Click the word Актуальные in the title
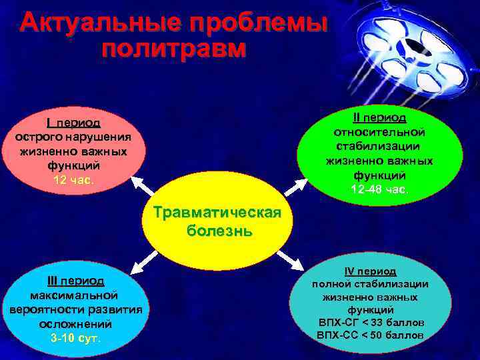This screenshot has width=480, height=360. pyautogui.click(x=99, y=24)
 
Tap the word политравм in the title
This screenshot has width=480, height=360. pyautogui.click(x=175, y=50)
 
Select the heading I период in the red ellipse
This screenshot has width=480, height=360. pyautogui.click(x=73, y=123)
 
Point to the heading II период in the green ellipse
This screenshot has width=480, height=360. pyautogui.click(x=379, y=117)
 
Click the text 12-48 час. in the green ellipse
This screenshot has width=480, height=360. pyautogui.click(x=379, y=190)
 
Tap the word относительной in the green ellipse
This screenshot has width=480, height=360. pyautogui.click(x=379, y=131)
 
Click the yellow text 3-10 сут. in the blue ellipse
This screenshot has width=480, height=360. pyautogui.click(x=75, y=338)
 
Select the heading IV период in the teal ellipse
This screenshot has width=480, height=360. pyautogui.click(x=370, y=271)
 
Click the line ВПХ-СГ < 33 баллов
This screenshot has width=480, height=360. pyautogui.click(x=370, y=322)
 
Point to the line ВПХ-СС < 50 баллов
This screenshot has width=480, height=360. pyautogui.click(x=370, y=335)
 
